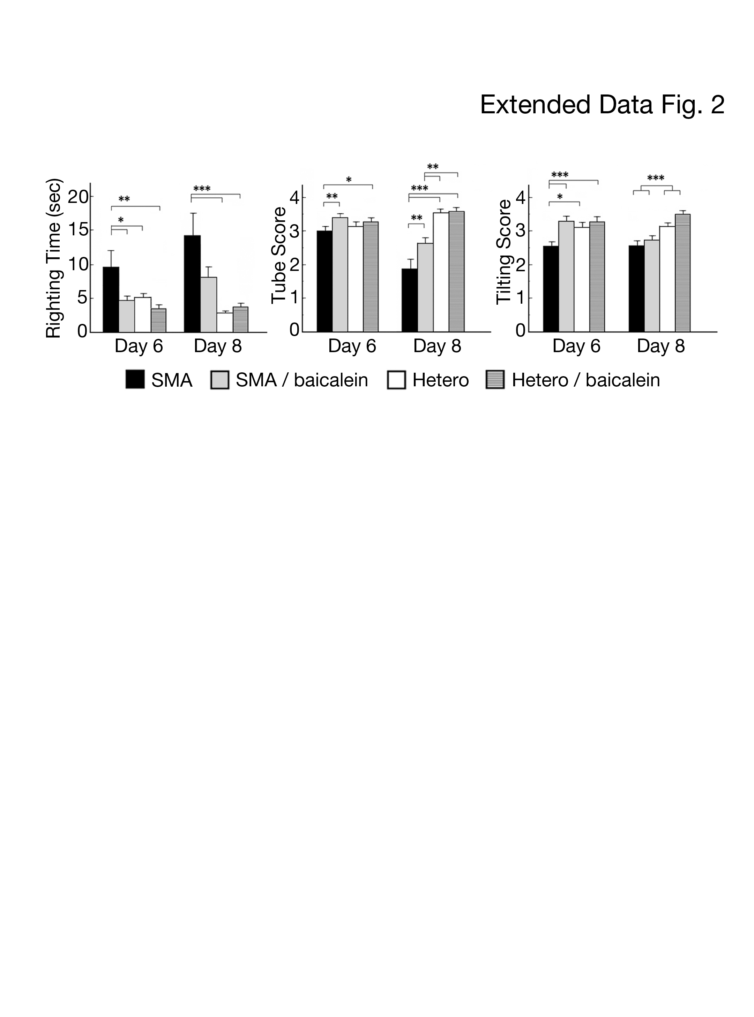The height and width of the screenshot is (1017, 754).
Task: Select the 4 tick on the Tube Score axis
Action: click(x=294, y=198)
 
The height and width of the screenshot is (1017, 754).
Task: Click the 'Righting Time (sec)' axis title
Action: click(x=53, y=258)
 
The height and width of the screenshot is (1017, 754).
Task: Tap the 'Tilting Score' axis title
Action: click(x=504, y=252)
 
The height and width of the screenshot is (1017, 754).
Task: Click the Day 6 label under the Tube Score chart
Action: click(x=352, y=346)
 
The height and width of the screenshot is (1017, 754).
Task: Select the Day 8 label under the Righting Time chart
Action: click(x=218, y=346)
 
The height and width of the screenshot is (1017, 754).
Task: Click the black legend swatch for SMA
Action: click(x=135, y=379)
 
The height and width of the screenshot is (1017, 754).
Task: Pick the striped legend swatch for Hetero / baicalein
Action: click(x=495, y=379)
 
